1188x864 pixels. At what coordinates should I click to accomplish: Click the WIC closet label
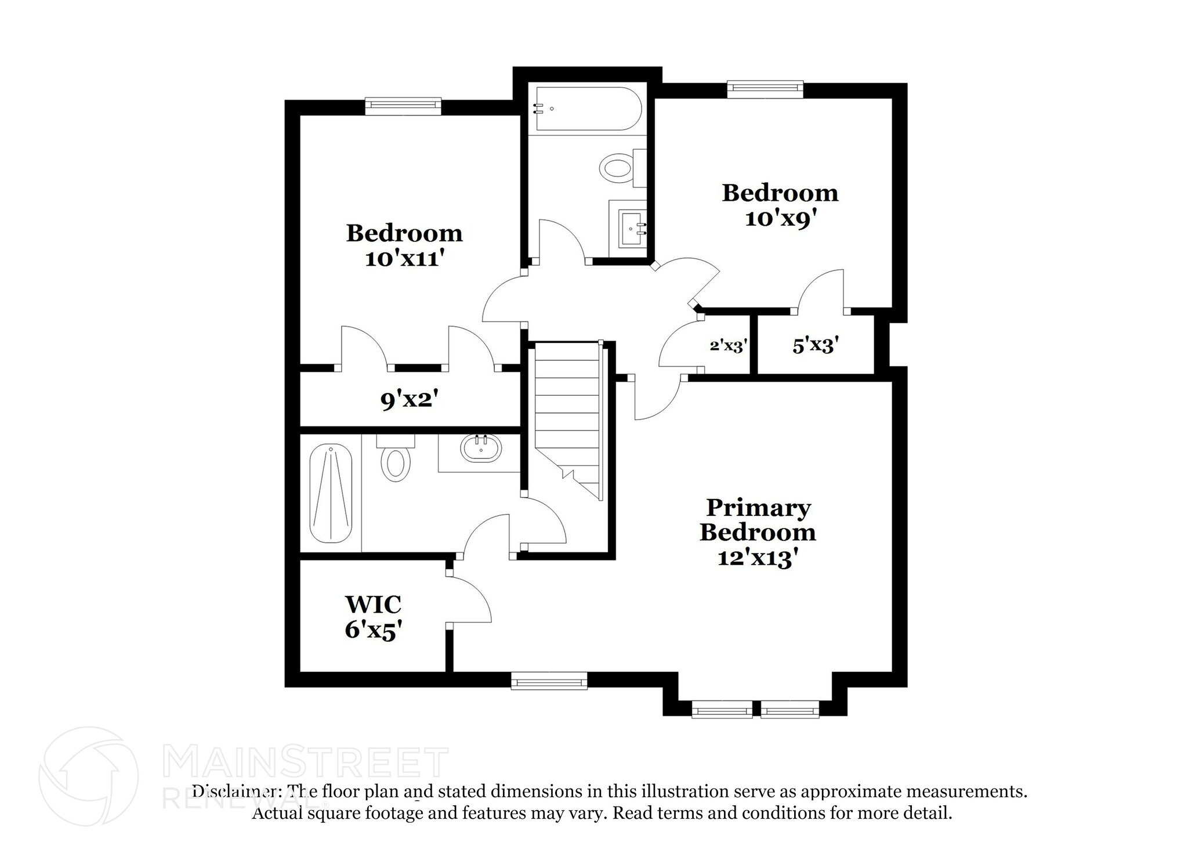[x=373, y=605]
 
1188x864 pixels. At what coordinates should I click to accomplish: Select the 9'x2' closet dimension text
[x=408, y=400]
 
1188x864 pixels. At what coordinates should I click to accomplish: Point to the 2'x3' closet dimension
[x=727, y=346]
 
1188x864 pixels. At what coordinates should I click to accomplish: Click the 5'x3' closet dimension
[x=816, y=346]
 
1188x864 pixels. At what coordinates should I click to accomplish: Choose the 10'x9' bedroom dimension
[x=781, y=219]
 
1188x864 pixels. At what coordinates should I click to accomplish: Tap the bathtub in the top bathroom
[x=587, y=109]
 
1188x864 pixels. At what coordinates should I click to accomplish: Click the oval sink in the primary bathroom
[x=480, y=449]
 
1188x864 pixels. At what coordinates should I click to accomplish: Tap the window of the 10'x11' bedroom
[x=403, y=105]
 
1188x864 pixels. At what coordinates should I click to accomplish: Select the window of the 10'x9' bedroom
[x=765, y=88]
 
